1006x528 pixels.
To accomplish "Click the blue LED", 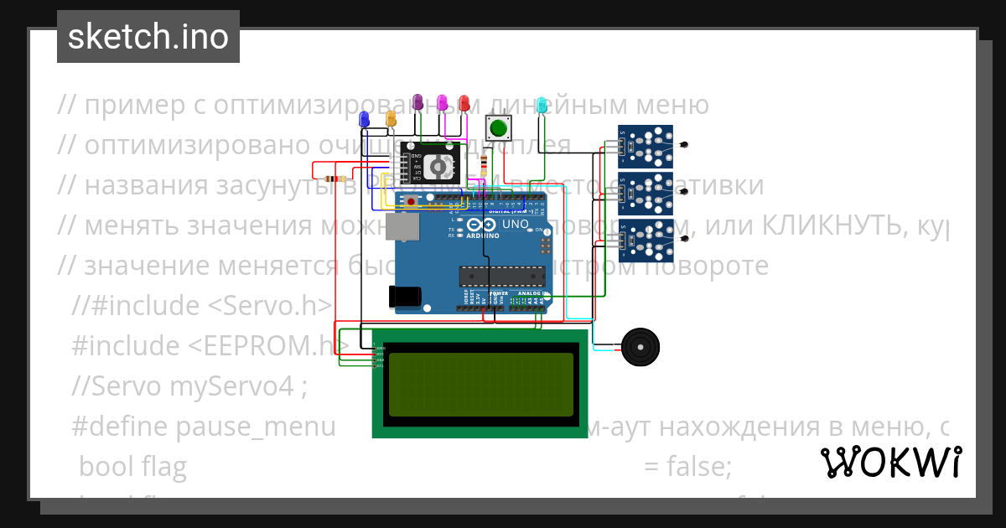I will (x=364, y=119).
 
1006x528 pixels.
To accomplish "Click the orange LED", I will (x=391, y=118).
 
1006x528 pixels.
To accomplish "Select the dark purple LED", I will (x=420, y=103).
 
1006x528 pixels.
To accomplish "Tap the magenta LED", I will (x=443, y=103).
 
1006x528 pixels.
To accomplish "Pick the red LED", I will (x=464, y=103).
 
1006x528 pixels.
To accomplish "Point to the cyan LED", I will (x=542, y=105).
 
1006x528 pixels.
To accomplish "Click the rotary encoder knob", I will (x=438, y=165).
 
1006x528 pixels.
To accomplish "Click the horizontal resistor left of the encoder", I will (x=334, y=179).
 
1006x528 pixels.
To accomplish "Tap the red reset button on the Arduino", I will (x=411, y=202).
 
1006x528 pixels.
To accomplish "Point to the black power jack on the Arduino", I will (x=404, y=296).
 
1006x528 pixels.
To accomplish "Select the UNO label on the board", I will (x=514, y=225).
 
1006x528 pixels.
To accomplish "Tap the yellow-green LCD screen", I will (x=480, y=384).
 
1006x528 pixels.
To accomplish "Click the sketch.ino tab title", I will (x=148, y=37).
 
